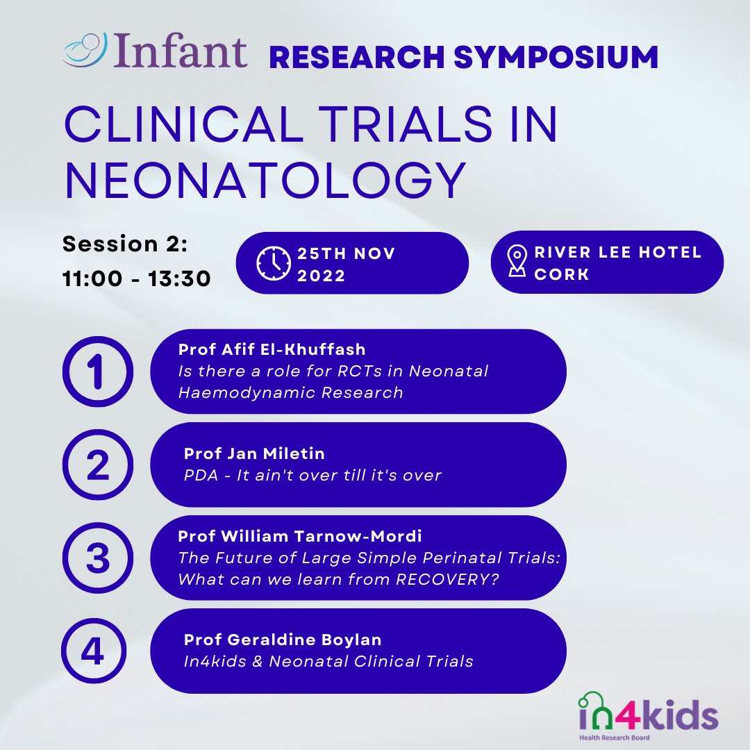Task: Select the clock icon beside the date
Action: [274, 263]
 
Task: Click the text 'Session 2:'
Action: [125, 244]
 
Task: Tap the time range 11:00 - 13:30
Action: [137, 278]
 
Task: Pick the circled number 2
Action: [97, 465]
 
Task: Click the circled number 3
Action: [97, 558]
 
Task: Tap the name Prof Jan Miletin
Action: [254, 453]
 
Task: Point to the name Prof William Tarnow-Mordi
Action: [300, 536]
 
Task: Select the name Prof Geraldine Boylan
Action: [283, 640]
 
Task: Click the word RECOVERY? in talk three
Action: [456, 579]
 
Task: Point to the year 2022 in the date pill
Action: [321, 275]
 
